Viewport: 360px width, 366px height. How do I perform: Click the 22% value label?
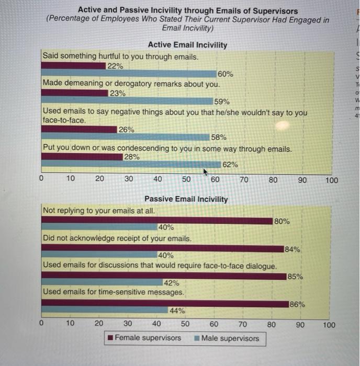pos(115,66)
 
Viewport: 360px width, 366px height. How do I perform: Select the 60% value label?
pos(226,74)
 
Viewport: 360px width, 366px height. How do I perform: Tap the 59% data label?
pos(222,102)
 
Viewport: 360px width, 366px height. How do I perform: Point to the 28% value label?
pos(131,156)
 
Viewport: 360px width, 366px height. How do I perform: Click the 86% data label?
pos(297,304)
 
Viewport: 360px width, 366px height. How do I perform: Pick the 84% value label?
pos(292,249)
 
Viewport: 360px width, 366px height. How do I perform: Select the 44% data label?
pos(177,310)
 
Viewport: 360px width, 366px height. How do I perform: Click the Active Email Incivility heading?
pos(187,45)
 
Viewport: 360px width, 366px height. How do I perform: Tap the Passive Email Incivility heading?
pos(186,199)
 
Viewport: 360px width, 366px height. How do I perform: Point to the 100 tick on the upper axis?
pos(331,180)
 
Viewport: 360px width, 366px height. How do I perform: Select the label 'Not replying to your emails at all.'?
pos(99,211)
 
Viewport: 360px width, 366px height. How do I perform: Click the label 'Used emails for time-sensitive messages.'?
pos(114,291)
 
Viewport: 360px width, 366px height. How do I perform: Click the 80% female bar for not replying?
pos(157,220)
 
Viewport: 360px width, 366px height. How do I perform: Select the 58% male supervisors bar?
pos(126,137)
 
